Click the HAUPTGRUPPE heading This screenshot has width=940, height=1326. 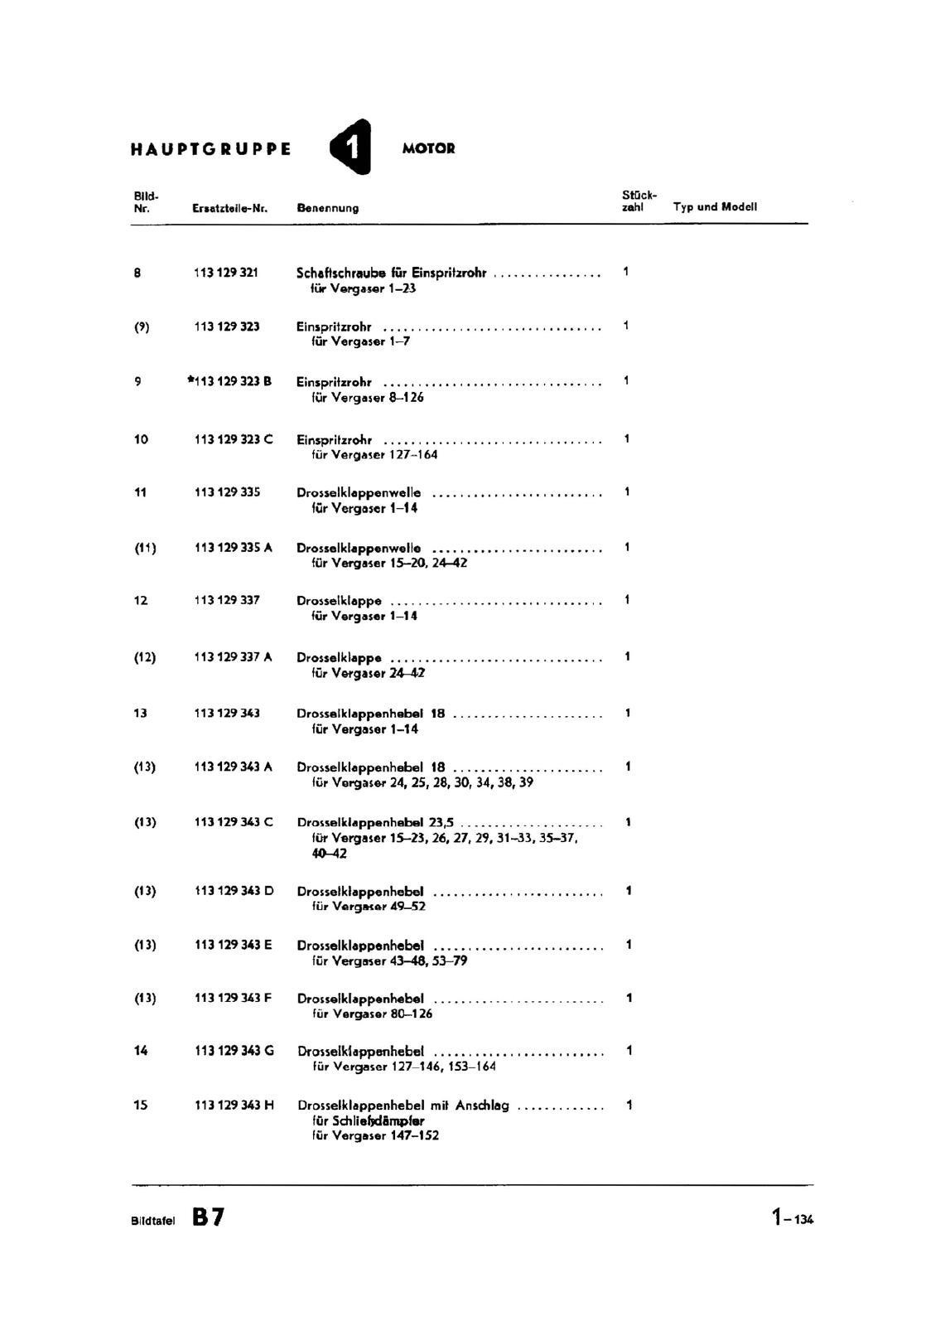point(211,150)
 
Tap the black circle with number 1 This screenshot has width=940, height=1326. point(351,148)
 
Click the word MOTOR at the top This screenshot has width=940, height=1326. point(428,149)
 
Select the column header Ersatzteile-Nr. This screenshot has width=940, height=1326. point(229,209)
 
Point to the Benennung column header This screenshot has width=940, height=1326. point(327,209)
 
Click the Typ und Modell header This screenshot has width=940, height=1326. point(715,207)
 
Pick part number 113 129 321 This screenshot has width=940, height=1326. point(226,273)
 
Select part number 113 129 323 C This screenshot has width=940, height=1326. point(233,439)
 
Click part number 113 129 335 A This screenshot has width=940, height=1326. point(233,547)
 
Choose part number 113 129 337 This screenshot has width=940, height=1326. point(226,600)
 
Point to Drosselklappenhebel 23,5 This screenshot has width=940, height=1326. point(375,823)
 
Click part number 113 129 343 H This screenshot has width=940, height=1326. point(234,1105)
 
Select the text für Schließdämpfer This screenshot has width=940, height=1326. point(369,1120)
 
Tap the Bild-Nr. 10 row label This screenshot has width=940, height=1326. point(141,439)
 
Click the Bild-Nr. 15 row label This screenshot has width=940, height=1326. point(140,1105)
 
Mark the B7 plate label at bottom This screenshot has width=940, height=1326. point(208,1217)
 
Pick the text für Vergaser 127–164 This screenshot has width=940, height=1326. point(374,455)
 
